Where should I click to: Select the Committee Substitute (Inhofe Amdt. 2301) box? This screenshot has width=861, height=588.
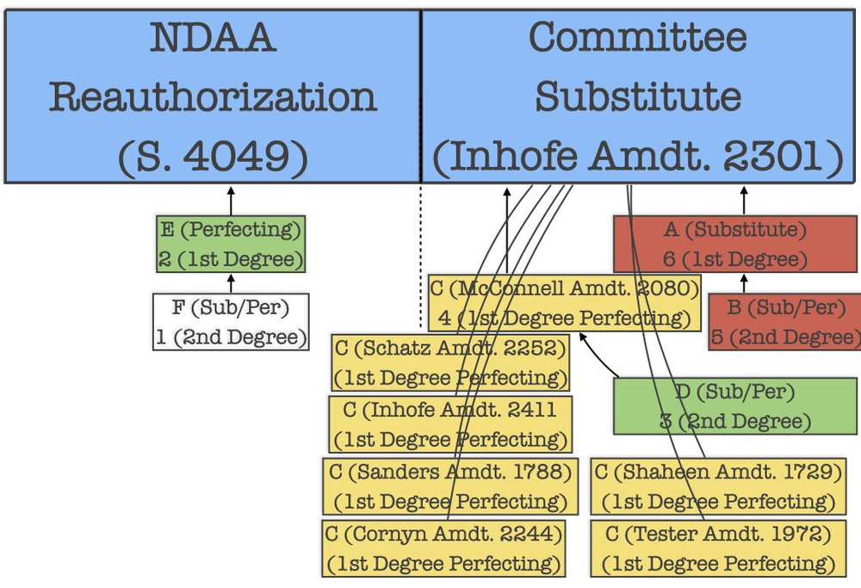click(x=638, y=96)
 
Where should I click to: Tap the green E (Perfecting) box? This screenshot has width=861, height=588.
click(x=231, y=244)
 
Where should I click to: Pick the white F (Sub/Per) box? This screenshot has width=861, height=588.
click(x=231, y=322)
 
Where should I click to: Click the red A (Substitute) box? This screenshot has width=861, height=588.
click(x=735, y=244)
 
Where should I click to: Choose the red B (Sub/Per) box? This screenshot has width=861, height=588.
click(x=784, y=321)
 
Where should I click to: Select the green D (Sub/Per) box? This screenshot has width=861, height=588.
click(x=735, y=405)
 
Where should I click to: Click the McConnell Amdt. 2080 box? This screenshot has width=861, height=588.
click(x=565, y=303)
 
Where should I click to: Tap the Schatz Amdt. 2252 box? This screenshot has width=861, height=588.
click(x=451, y=362)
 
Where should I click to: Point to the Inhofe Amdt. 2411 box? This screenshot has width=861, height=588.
click(x=449, y=424)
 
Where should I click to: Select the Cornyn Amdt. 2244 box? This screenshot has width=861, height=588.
click(x=444, y=548)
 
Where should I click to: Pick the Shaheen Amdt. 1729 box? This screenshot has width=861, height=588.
click(x=717, y=486)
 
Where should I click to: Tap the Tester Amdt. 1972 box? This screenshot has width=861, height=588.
click(x=717, y=548)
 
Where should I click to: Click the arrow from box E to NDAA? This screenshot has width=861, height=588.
click(x=231, y=200)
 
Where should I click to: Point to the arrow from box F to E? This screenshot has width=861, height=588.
click(x=231, y=283)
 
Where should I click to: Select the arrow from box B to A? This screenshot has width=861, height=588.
click(x=744, y=283)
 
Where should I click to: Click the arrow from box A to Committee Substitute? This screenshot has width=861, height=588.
click(x=744, y=200)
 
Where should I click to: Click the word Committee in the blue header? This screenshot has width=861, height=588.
click(x=637, y=37)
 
